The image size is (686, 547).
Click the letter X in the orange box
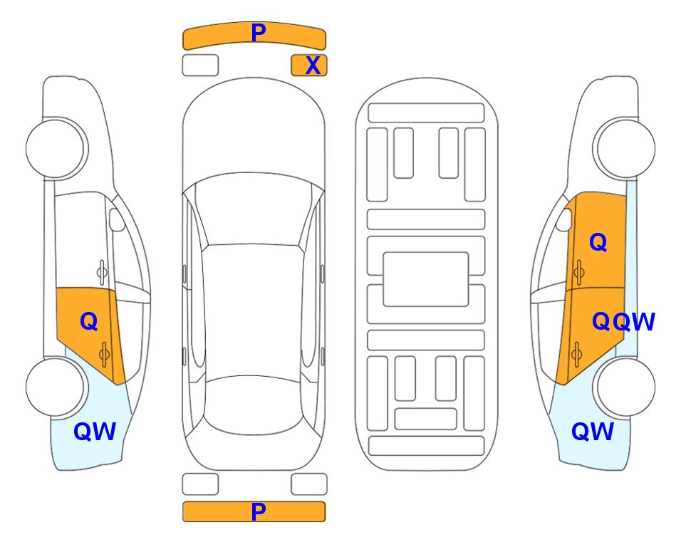click(313, 66)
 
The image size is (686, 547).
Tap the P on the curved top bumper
click(259, 32)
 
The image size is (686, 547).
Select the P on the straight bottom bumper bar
click(259, 511)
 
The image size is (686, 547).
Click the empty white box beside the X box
click(200, 66)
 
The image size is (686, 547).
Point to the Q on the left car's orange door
click(89, 321)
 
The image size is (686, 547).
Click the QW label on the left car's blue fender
click(95, 432)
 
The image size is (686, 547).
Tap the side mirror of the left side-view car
click(117, 219)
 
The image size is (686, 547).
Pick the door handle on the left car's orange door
click(104, 354)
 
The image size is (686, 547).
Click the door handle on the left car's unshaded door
click(101, 272)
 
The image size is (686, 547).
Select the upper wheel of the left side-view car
click(56, 148)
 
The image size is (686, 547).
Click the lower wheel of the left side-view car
click(56, 387)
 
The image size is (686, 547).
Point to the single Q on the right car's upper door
click(598, 242)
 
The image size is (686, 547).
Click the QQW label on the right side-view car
click(623, 322)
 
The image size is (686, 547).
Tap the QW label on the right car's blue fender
click(593, 432)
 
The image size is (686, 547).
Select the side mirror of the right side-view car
click(564, 219)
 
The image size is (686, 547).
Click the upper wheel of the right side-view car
click(624, 148)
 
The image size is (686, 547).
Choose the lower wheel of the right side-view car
click(624, 387)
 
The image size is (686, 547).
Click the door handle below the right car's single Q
click(579, 272)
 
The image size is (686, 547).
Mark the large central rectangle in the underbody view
click(426, 279)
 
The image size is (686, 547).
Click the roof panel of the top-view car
click(252, 310)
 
